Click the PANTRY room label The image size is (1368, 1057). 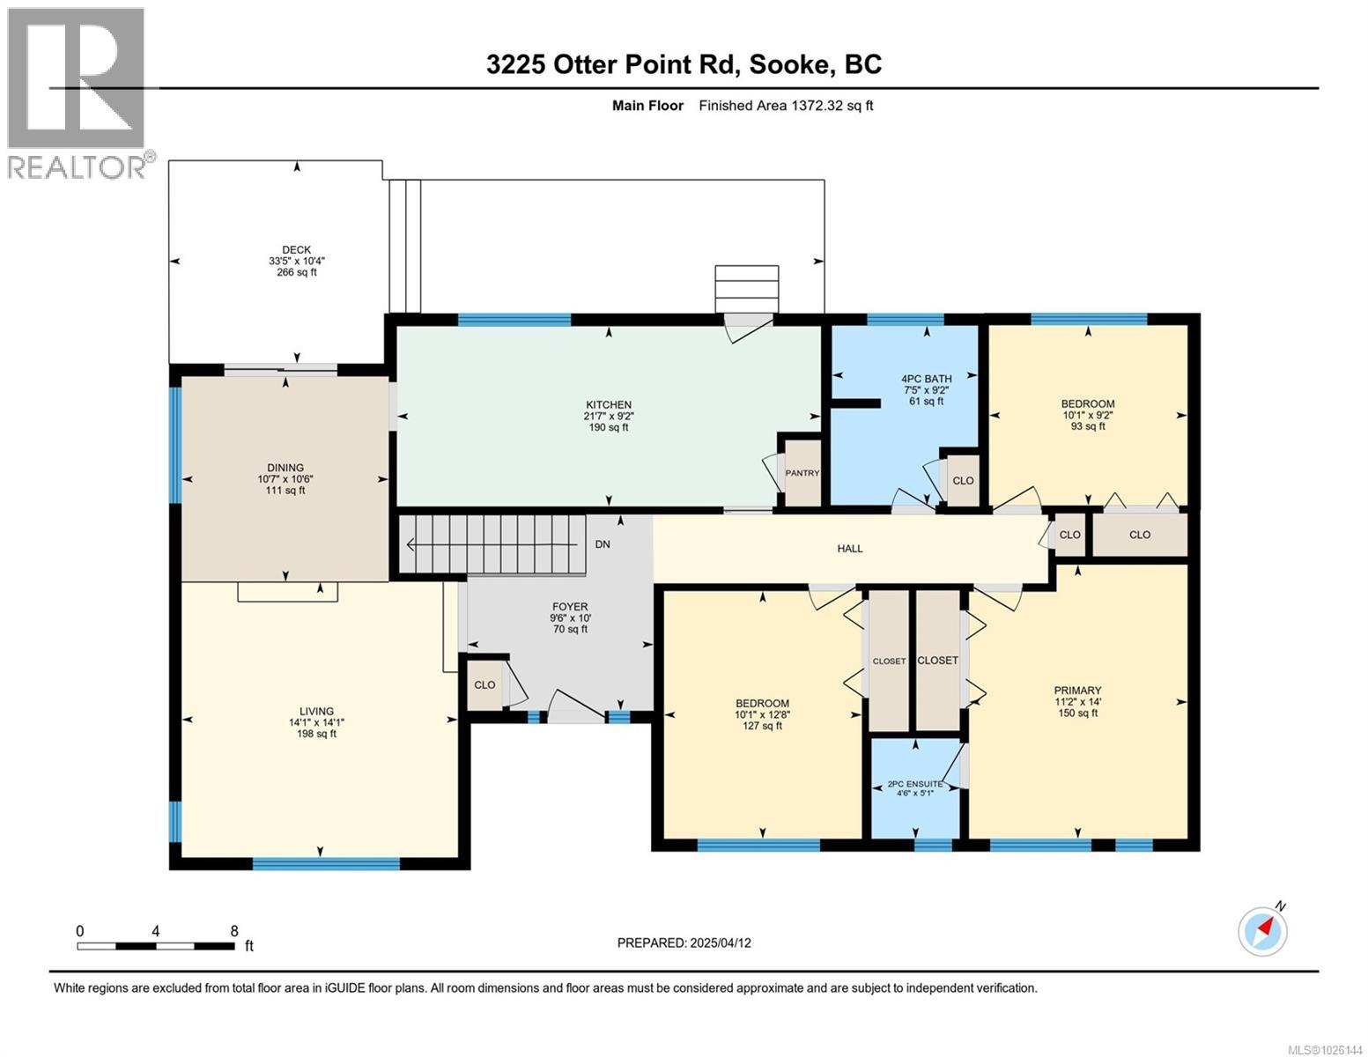pyautogui.click(x=802, y=473)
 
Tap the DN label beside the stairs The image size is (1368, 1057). pyautogui.click(x=602, y=544)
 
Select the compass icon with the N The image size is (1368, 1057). pyautogui.click(x=1262, y=931)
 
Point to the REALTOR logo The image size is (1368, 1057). pyautogui.click(x=78, y=93)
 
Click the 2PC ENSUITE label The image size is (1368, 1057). pyautogui.click(x=914, y=784)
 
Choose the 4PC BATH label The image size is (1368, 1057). pyautogui.click(x=926, y=379)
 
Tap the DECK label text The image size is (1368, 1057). pyautogui.click(x=296, y=250)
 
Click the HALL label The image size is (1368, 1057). pyautogui.click(x=849, y=549)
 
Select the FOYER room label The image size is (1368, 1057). pyautogui.click(x=570, y=607)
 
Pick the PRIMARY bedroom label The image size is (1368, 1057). pyautogui.click(x=1078, y=690)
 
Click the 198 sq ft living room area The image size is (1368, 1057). pyautogui.click(x=316, y=734)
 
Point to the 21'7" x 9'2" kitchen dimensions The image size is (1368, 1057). pyautogui.click(x=608, y=416)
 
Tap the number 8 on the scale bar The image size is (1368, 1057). pyautogui.click(x=234, y=930)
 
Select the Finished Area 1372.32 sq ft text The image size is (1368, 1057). pyautogui.click(x=786, y=106)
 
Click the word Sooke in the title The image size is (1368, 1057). pyautogui.click(x=788, y=65)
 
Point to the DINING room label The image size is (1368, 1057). pyautogui.click(x=285, y=467)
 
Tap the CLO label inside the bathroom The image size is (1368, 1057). pyautogui.click(x=963, y=480)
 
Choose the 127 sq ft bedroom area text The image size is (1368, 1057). pyautogui.click(x=762, y=725)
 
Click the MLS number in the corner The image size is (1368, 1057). pyautogui.click(x=1325, y=1049)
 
